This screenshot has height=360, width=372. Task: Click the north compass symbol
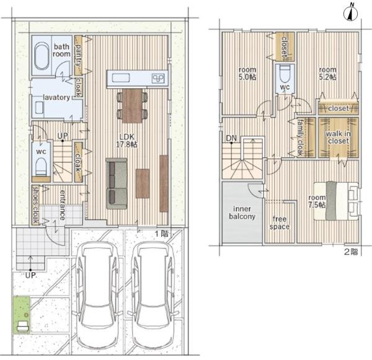pos(350,14)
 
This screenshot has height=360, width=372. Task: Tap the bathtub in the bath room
pos(42,56)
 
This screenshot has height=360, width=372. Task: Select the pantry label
pos(78,56)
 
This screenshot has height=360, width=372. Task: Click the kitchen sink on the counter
pos(121,78)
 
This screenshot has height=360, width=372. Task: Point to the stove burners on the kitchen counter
pos(158,78)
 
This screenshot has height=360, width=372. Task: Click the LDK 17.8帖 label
pos(127,141)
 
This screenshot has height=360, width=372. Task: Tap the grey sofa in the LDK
pos(117,184)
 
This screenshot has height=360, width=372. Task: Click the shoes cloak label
pos(35,205)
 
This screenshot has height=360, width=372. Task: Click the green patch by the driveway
pos(21,315)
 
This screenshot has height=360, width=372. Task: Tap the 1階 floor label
pos(162,234)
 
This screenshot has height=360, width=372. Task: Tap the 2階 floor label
pos(351,252)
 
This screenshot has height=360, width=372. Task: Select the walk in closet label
pos(339,137)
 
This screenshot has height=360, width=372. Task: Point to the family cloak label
pos(300,138)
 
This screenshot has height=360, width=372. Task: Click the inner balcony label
pos(242,213)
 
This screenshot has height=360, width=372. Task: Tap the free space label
pos(280,222)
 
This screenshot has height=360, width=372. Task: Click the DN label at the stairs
pos(231,138)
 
